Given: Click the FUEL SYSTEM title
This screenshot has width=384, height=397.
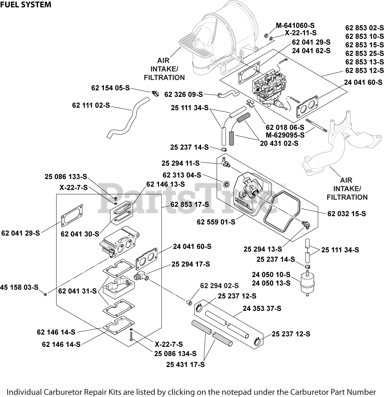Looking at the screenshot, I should click(26, 5).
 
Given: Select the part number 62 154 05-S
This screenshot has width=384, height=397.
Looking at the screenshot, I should click(110, 88).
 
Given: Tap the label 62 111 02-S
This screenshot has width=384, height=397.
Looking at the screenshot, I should click(91, 105).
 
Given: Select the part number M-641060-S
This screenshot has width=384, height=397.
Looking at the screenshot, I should click(295, 26).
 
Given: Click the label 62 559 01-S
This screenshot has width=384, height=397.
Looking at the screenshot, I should click(216, 222).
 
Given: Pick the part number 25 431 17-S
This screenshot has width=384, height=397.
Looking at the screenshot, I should click(185, 365).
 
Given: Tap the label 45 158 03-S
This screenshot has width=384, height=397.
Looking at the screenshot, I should click(19, 287).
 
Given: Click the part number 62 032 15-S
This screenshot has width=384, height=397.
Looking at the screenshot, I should click(347, 214).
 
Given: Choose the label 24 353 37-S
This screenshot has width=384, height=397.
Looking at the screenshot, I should click(262, 308).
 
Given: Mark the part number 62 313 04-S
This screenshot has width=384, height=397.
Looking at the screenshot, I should click(182, 175).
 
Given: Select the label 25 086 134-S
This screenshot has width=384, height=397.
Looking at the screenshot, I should click(175, 353).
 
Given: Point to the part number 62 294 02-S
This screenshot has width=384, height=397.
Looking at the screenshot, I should click(219, 285).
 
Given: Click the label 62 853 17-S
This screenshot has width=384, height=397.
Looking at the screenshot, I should click(190, 204).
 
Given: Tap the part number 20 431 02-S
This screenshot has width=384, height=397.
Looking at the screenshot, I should click(279, 144).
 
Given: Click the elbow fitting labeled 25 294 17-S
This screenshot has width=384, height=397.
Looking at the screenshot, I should click(140, 276).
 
